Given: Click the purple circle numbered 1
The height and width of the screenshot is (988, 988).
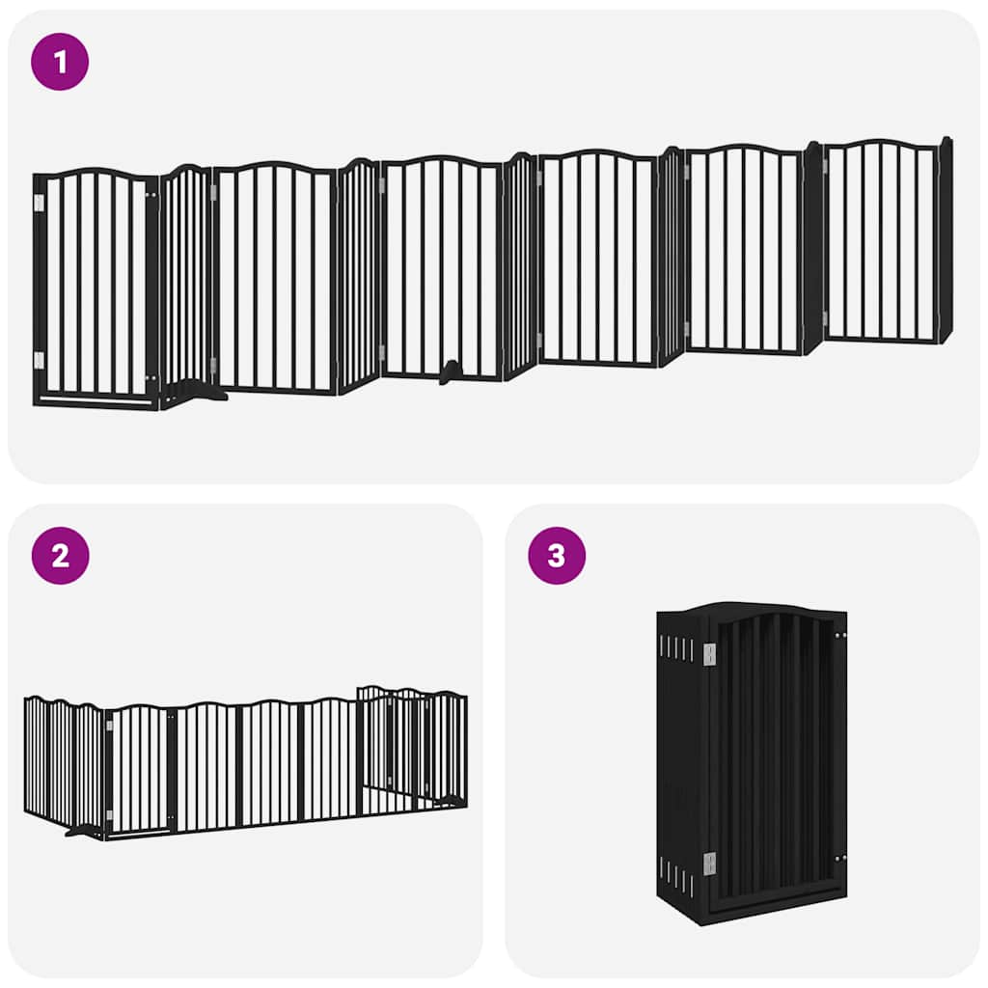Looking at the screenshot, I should pos(60,62).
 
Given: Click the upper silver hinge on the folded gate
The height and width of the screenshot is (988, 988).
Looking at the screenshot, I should pos(709,655).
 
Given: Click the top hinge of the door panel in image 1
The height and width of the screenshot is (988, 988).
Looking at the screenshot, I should pos(39,203).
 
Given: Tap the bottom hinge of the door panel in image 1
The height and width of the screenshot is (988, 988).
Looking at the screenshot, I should pos(39,360).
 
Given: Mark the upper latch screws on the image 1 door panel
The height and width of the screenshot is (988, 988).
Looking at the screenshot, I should pos(149,196).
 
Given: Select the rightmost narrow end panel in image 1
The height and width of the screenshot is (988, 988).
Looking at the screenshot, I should pos(946,241).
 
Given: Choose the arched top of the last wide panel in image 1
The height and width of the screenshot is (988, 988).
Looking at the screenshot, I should pos(881,145).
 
